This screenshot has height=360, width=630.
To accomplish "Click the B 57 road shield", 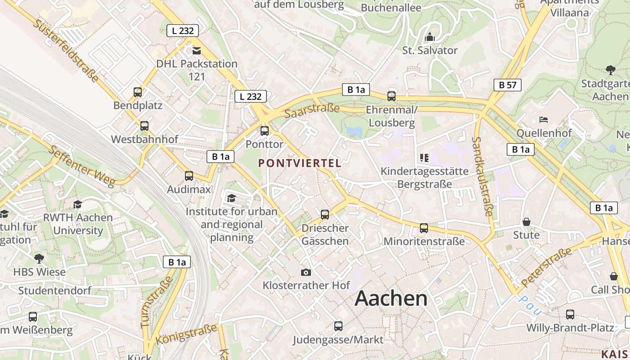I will coord(507,85).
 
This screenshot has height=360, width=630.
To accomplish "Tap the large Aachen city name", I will coord(391,299).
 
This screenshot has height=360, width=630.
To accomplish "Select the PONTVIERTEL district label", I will coord(300,163).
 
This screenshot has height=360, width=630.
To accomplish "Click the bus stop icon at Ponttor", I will coord(265,131).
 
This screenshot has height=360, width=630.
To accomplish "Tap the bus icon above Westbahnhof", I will coord(144,126).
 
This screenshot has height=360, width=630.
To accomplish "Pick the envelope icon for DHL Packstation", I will coord(197,50).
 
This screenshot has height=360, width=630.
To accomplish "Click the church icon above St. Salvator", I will coord(430,37).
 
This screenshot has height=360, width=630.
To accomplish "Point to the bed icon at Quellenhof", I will coord(544,120).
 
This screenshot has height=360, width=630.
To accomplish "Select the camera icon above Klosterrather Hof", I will coord(306,272).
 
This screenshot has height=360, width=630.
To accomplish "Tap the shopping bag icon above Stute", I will coord(526,222).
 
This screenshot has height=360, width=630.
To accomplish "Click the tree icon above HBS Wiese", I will coord(39,259).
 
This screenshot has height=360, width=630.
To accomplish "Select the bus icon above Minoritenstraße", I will coord(424,228).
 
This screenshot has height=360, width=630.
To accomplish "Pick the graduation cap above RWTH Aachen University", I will coord(77,205).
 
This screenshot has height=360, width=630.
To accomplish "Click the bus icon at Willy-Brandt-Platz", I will coord(570,315).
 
